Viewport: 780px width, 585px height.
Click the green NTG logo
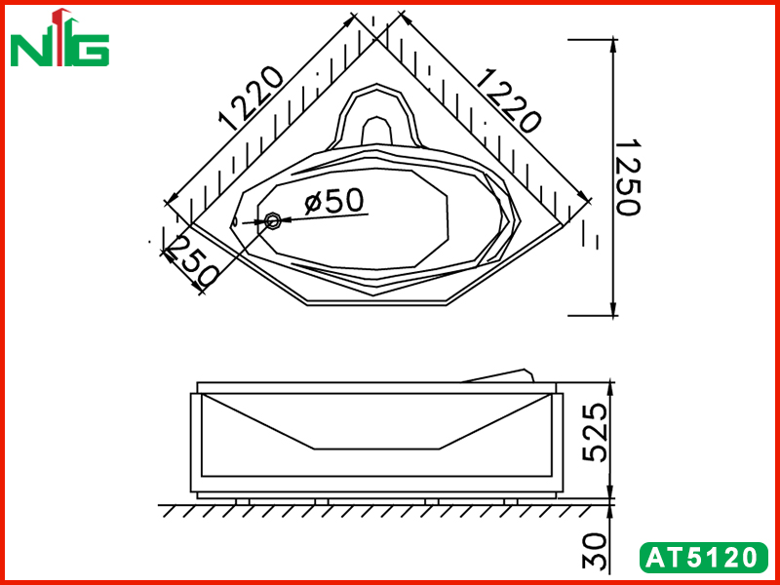click(59, 38)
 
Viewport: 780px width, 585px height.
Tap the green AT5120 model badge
click(703, 558)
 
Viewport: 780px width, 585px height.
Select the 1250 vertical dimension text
click(628, 177)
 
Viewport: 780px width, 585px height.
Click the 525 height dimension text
click(595, 433)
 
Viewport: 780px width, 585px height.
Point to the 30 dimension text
click(595, 551)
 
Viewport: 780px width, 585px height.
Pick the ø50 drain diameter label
click(334, 201)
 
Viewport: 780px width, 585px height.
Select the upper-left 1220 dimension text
click(251, 98)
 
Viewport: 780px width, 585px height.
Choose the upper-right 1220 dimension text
click(507, 101)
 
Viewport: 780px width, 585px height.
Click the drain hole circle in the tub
click(273, 220)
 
